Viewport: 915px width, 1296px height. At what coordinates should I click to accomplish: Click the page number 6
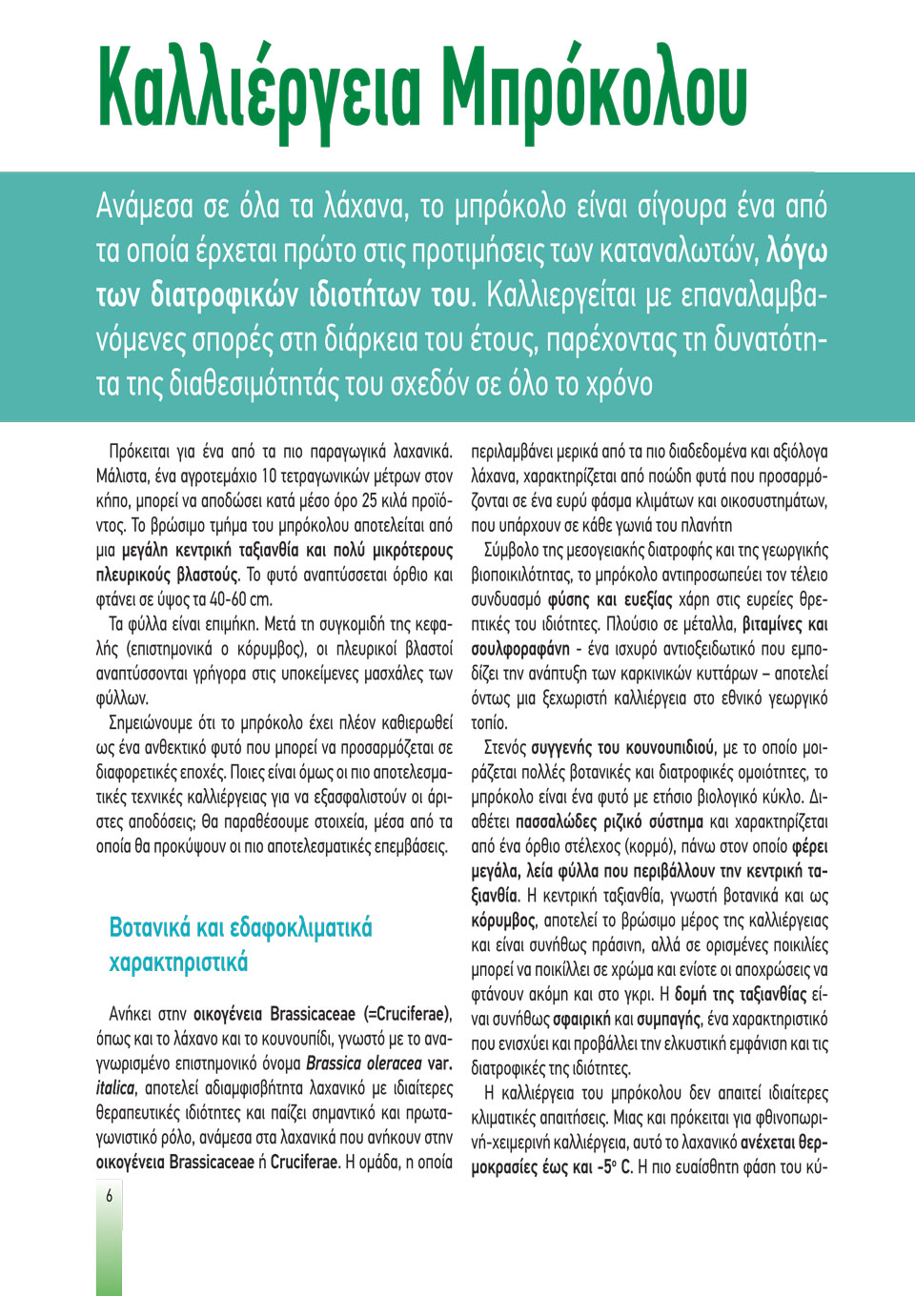pyautogui.click(x=109, y=1195)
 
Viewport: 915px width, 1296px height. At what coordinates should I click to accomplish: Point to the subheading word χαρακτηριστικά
pyautogui.click(x=178, y=962)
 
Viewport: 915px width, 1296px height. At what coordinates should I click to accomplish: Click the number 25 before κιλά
pyautogui.click(x=369, y=500)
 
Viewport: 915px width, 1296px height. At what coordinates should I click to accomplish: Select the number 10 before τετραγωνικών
pyautogui.click(x=269, y=476)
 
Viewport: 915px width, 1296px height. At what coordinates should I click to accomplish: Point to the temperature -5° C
pyautogui.click(x=614, y=1166)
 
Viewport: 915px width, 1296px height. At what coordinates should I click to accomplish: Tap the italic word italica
pyautogui.click(x=115, y=1088)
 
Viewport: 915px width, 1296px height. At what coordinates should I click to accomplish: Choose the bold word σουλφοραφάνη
pyautogui.click(x=520, y=649)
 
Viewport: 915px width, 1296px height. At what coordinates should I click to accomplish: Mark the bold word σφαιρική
pyautogui.click(x=571, y=1019)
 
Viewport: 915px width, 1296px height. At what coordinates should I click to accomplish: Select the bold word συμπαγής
pyautogui.click(x=668, y=1019)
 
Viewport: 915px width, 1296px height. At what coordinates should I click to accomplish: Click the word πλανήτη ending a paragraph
pyautogui.click(x=705, y=525)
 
